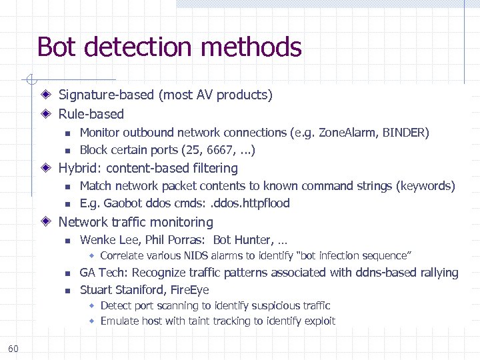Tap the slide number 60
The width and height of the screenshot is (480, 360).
tap(14, 348)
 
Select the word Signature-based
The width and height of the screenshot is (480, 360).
tap(106, 95)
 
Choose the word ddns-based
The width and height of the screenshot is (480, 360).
tap(369, 273)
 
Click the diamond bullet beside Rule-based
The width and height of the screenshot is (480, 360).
tap(46, 114)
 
